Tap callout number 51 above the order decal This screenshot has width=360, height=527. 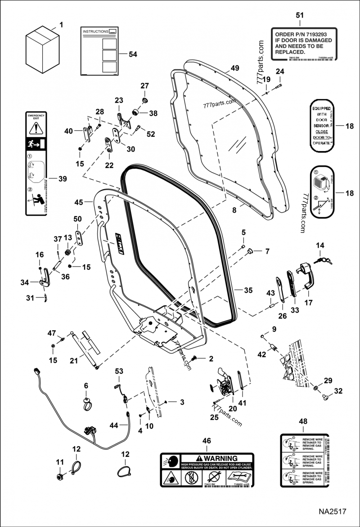[x=299, y=15]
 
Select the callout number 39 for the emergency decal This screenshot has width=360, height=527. [x=63, y=179]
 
